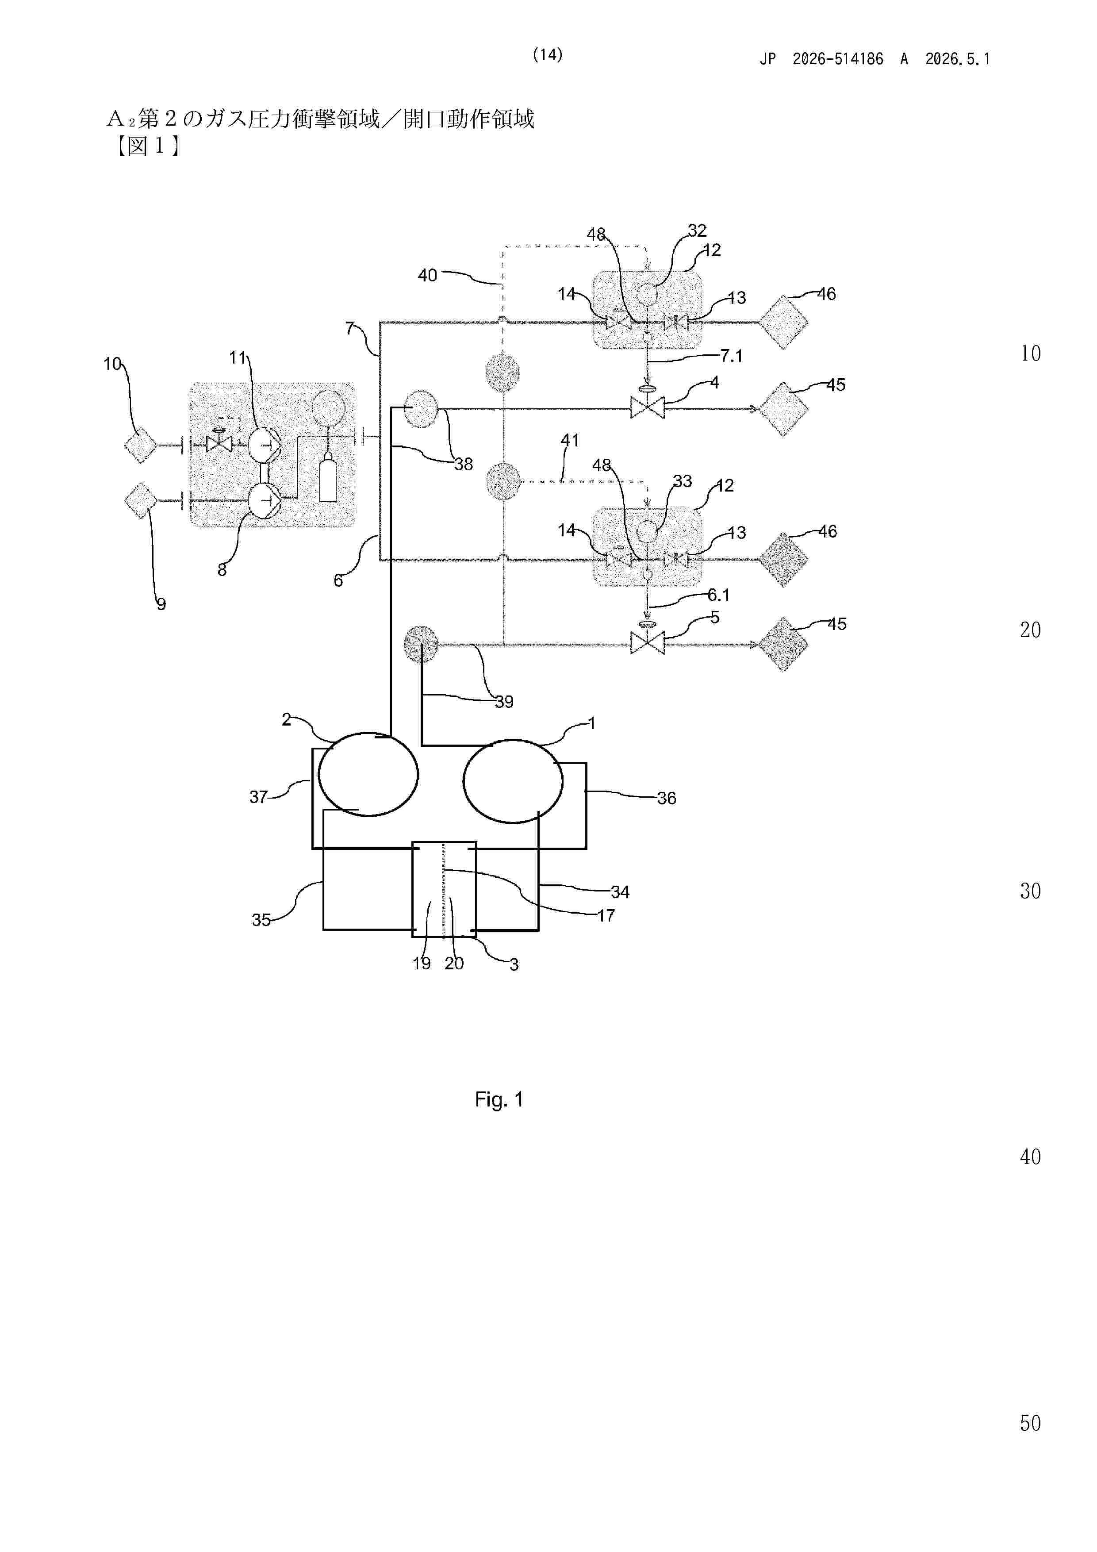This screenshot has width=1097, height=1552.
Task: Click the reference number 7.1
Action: pos(731,356)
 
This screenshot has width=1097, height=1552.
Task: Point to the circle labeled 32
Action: pos(647,293)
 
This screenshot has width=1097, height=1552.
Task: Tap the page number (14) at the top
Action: pos(548,55)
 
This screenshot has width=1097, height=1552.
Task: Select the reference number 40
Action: pos(427,275)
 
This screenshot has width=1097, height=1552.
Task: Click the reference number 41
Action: pos(570,440)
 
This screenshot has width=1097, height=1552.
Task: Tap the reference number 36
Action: pos(667,798)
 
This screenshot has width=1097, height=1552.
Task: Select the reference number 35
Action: pos(261,920)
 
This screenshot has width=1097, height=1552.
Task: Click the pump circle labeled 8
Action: pos(264,501)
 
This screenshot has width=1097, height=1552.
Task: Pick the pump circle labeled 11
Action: pos(264,445)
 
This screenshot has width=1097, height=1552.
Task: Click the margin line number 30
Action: pos(1030,891)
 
